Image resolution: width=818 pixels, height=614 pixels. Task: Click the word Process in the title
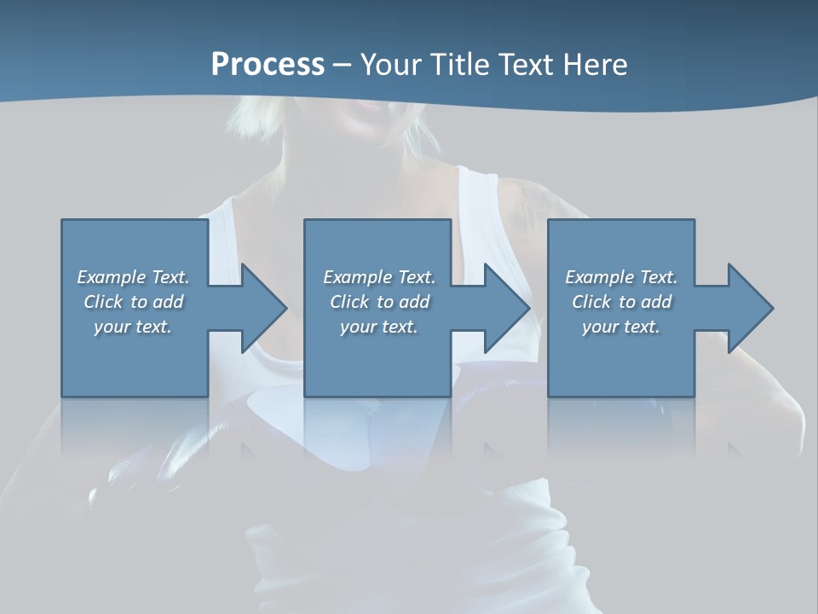click(x=268, y=65)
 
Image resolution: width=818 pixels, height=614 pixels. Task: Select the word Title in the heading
click(x=463, y=65)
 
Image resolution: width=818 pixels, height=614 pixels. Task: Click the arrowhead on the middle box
click(x=505, y=308)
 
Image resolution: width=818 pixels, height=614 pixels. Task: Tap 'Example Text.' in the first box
click(x=133, y=277)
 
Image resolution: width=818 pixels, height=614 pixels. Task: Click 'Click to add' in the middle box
click(x=379, y=302)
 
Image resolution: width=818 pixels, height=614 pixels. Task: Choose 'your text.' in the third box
click(x=621, y=327)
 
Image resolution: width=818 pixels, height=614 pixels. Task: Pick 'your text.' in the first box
click(x=133, y=327)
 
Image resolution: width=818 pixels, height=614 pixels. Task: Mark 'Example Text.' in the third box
click(x=621, y=277)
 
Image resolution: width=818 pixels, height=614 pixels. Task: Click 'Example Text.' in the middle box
click(x=379, y=277)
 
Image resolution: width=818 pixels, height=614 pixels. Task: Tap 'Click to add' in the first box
click(x=133, y=302)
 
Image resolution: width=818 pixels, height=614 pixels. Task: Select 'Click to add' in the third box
click(x=621, y=302)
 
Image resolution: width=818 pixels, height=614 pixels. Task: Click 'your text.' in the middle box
click(x=379, y=327)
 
